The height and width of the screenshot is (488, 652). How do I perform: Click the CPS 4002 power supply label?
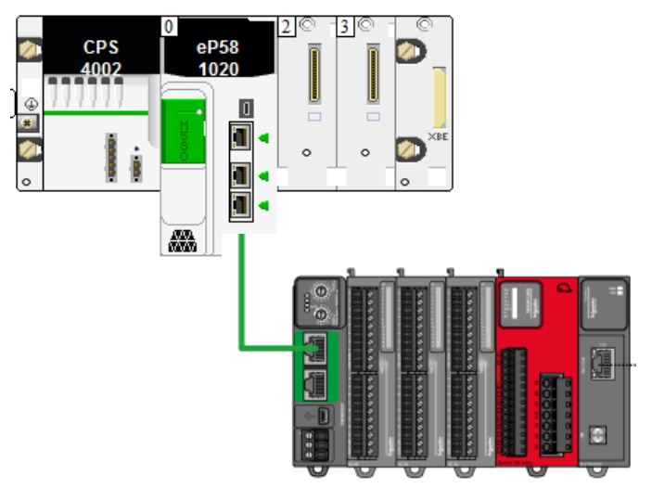[100, 57]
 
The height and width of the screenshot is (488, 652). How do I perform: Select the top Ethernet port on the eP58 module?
[241, 137]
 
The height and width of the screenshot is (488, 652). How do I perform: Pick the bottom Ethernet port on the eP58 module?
[241, 205]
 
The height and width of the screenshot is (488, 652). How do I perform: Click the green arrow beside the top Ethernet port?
[263, 138]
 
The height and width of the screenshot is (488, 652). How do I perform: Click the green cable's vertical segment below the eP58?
[242, 288]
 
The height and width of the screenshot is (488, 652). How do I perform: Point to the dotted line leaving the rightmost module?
[630, 366]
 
